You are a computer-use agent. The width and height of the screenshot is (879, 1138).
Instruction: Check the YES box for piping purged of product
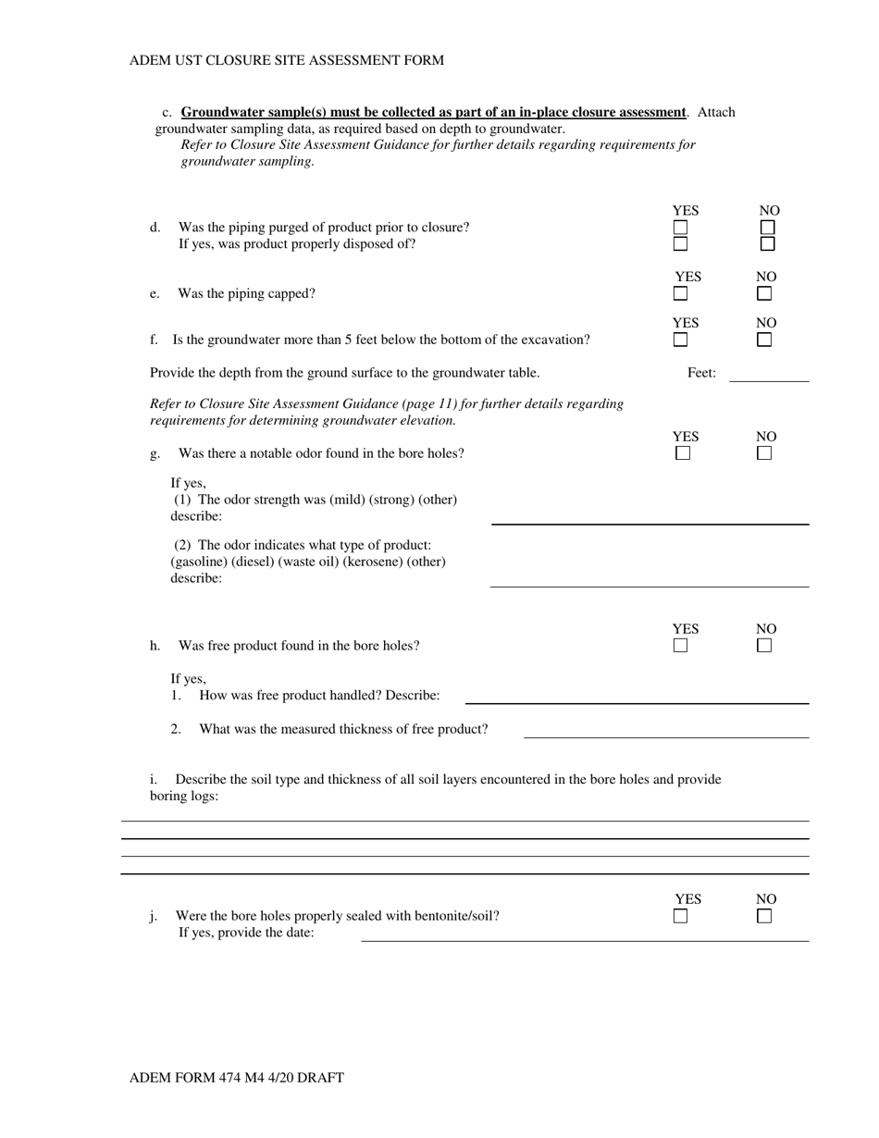click(x=680, y=227)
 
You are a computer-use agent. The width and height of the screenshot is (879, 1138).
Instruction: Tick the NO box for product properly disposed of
click(x=767, y=244)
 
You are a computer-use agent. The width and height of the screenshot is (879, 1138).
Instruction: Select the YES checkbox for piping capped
click(x=680, y=294)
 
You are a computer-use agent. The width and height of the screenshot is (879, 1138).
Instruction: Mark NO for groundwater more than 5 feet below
click(x=764, y=340)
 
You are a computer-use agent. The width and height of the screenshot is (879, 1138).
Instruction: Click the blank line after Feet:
click(x=768, y=375)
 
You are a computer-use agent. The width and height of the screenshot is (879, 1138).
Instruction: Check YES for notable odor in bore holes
click(x=683, y=453)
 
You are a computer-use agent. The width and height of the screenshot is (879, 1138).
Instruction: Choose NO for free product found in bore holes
click(x=764, y=646)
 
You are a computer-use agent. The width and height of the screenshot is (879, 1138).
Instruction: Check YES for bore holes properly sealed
click(x=681, y=917)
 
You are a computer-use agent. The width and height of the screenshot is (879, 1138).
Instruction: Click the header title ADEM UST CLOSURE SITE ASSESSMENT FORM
click(x=287, y=60)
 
